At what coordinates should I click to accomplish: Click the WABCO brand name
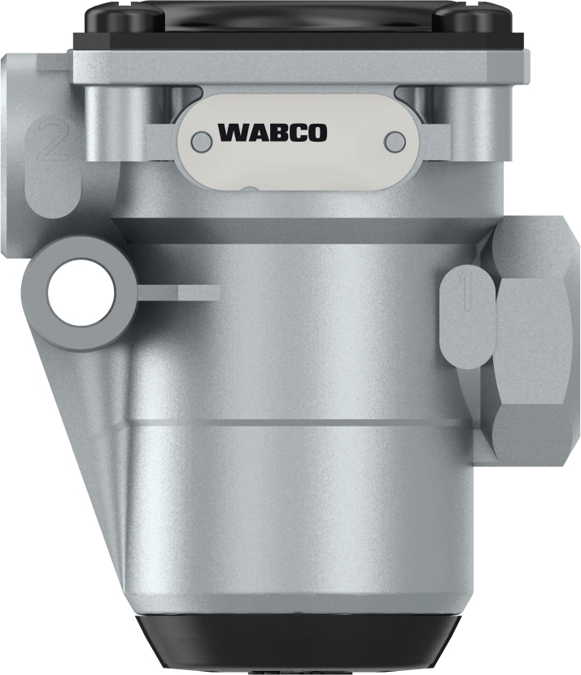click(x=272, y=132)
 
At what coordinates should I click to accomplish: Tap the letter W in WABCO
click(x=232, y=132)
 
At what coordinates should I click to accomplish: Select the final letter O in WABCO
click(x=317, y=132)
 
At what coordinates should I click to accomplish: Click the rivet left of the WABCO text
click(x=197, y=142)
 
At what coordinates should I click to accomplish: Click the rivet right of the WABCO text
click(x=395, y=141)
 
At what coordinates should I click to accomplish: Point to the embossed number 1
click(x=466, y=294)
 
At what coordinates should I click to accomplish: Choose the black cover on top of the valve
click(x=296, y=24)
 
